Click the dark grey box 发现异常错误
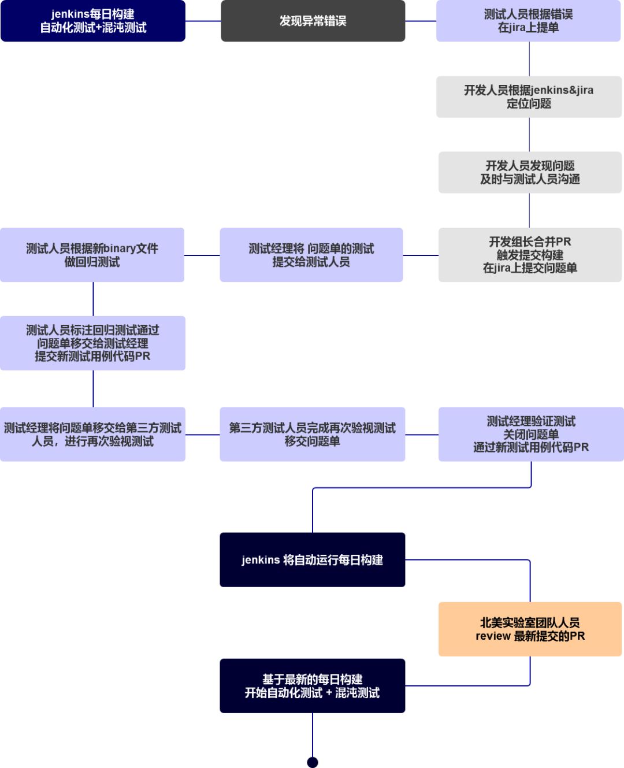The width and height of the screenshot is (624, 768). tap(313, 21)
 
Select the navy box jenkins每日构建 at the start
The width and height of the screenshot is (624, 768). tap(92, 21)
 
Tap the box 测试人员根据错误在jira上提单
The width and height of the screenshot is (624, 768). tap(528, 21)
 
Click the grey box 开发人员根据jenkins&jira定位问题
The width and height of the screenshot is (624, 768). tap(529, 97)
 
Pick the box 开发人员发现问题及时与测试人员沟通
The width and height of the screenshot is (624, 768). tap(530, 172)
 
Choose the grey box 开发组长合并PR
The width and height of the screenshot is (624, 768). tap(530, 255)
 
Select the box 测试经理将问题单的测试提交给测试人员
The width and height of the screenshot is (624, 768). tap(311, 255)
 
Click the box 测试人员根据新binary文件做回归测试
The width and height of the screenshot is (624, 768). tap(92, 255)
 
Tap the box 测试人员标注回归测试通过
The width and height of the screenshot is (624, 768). tap(92, 343)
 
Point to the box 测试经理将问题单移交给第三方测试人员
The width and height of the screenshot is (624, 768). tap(92, 434)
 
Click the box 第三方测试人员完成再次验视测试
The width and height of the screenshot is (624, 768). tap(312, 434)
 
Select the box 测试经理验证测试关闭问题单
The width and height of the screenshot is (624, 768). tap(531, 434)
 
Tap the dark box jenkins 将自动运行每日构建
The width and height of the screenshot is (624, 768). tap(312, 559)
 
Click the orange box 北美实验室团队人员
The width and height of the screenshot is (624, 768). tap(530, 629)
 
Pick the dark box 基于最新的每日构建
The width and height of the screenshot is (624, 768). tap(312, 685)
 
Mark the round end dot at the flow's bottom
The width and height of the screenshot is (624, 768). tap(313, 762)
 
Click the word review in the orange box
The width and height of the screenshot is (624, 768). tap(493, 636)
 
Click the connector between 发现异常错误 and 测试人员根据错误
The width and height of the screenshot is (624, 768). tap(421, 21)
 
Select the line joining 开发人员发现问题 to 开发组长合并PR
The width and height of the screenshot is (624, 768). tap(529, 210)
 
